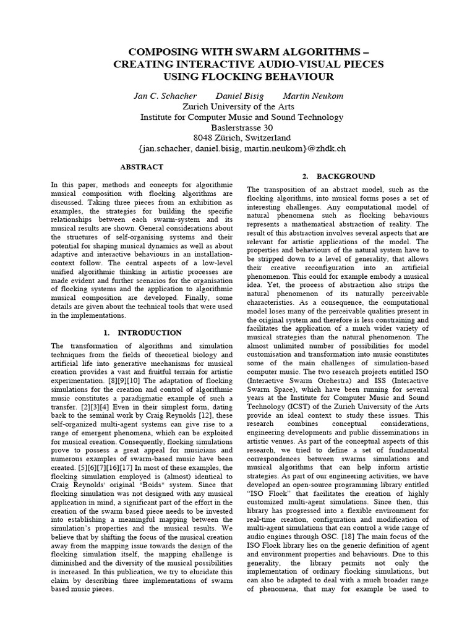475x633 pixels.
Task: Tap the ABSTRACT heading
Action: click(x=141, y=167)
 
